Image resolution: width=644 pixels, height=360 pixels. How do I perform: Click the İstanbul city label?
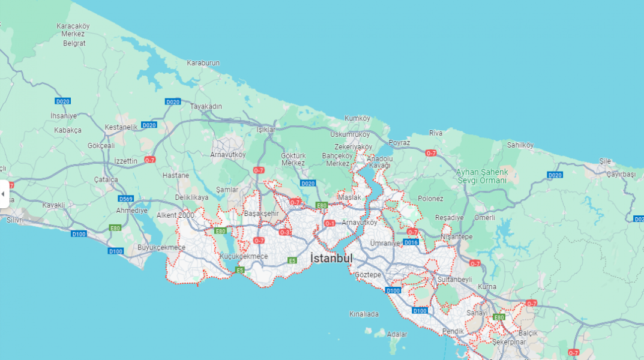pos(331,258)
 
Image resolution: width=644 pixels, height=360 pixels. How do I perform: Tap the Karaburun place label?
pos(203,62)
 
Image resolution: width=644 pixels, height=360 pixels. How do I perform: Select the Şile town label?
pos(605,161)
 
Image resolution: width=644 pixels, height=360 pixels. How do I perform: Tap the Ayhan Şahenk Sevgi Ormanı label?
pos(482,176)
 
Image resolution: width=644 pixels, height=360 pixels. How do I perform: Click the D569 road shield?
pos(125,199)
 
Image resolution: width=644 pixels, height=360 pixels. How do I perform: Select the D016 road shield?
pos(411,242)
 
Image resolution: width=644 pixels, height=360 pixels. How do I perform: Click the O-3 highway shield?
pos(285,232)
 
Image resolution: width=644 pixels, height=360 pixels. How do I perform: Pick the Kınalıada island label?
pos(364,314)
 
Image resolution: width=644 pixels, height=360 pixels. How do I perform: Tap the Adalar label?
pos(397,334)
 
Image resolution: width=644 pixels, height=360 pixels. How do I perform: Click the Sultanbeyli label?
pos(454,280)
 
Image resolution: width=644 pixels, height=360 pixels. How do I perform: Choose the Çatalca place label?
pos(106,179)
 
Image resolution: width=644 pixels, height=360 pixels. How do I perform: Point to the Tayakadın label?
pos(206,106)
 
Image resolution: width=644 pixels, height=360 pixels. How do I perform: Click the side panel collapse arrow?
pos(3,194)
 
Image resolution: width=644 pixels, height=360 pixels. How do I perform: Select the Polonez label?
pos(430,199)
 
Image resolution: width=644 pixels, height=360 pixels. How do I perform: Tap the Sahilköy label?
pos(520,145)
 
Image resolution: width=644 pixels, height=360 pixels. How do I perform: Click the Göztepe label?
pos(368,274)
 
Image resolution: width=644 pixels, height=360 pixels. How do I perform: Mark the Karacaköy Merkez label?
pos(73,30)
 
